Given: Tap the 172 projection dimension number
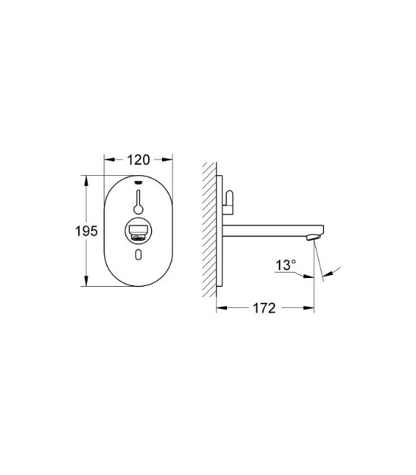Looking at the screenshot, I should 264,308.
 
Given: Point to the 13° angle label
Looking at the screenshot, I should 285,267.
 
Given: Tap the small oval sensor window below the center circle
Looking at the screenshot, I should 139,255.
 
